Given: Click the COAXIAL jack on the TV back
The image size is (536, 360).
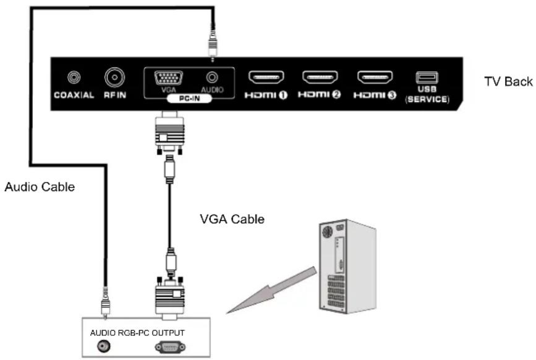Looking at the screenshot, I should coord(74,78).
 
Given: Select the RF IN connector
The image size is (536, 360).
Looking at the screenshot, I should coord(114,78).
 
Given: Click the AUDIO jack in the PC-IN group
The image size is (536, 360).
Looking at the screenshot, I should coord(213,78).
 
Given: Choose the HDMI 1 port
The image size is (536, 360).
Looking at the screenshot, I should coord(266,78).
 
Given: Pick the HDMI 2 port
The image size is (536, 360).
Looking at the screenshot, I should coord(320,78).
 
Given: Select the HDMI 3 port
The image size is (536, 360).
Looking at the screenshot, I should coord(375,78).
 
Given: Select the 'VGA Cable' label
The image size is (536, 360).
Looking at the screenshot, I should coord(232,219).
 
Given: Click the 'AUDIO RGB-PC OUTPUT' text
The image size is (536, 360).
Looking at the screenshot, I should coord(137,332).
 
